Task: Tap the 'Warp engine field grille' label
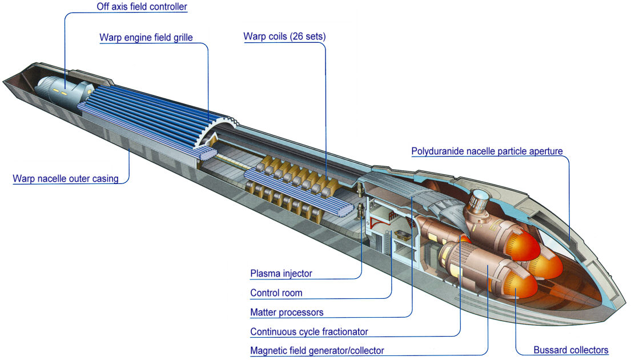coord(146,38)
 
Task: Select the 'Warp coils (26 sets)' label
coord(284,37)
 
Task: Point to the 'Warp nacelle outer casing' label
coord(65,178)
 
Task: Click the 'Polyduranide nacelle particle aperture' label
coord(487,151)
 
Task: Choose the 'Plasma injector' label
coord(281,273)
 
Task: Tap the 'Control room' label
coord(276,293)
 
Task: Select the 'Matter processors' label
coord(287,312)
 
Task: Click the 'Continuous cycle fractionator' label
coord(309,331)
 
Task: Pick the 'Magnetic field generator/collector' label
coord(317,350)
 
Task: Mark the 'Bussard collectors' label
coord(570,350)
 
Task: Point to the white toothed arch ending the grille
coord(220,129)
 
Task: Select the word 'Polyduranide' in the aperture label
coord(435,151)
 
